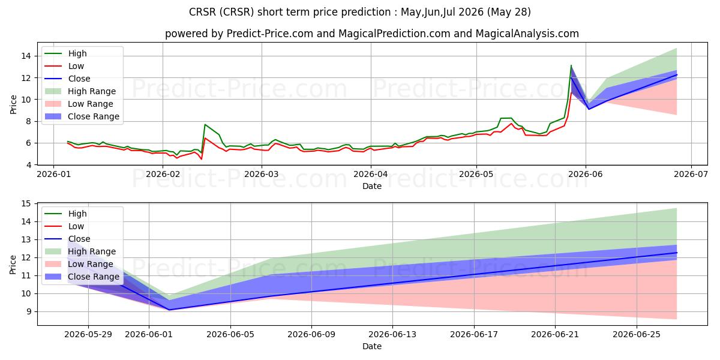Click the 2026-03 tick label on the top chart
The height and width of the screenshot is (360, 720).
262,174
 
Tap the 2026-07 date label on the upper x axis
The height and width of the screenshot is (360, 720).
691,174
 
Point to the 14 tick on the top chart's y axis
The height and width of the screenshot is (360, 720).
26,56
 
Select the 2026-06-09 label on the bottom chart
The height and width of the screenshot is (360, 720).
311,335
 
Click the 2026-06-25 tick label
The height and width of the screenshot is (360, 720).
637,335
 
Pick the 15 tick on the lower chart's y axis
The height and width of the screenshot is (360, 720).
26,203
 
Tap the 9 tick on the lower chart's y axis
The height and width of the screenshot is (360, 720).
29,311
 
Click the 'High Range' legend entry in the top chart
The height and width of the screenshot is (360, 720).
92,91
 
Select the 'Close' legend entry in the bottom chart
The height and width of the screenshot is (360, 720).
79,239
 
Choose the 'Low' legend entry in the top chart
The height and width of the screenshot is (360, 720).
76,66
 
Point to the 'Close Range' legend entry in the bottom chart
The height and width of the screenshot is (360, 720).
93,277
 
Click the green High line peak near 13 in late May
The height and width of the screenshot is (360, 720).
571,65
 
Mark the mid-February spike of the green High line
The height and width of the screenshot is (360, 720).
205,124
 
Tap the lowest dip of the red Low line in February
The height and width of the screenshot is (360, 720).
201,159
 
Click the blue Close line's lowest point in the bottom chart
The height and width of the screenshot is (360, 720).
169,310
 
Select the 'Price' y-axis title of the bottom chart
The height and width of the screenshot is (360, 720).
13,265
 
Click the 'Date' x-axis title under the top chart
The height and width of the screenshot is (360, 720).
372,186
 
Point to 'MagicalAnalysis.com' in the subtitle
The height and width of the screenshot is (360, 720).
527,34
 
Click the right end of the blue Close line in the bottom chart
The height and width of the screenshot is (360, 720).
677,253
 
